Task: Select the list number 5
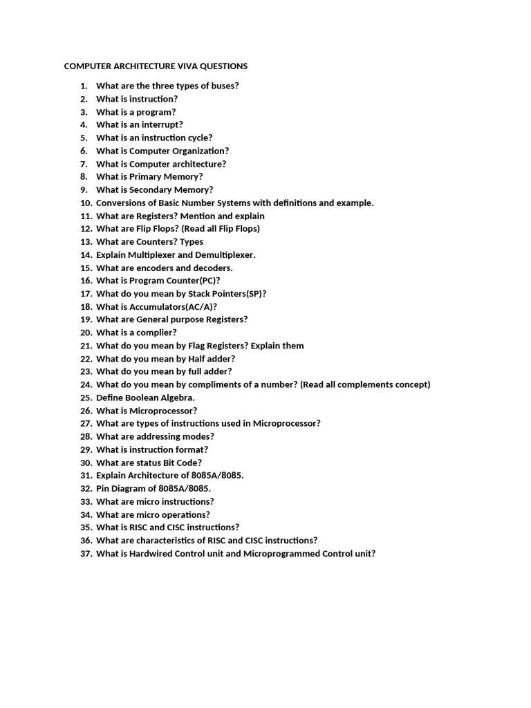84,138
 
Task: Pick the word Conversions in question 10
121,203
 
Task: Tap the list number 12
86,228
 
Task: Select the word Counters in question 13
156,241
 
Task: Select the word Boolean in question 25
143,398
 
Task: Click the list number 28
86,436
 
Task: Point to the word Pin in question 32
104,488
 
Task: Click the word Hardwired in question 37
151,553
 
